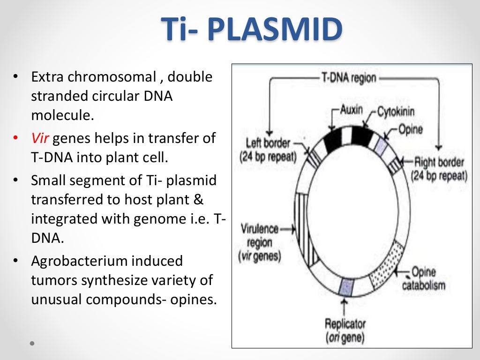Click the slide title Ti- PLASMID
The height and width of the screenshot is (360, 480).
click(252, 30)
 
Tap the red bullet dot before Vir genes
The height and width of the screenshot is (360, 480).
click(16, 138)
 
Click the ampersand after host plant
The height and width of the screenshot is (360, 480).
click(199, 199)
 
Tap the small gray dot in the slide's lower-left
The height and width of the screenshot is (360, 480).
click(32, 343)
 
